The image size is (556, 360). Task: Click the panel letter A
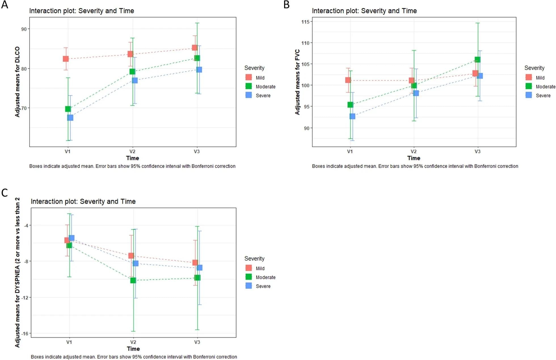point(5,5)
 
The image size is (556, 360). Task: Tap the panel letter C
point(5,193)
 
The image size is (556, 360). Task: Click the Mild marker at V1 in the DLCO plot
point(66,59)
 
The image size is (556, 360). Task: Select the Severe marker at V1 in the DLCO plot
point(70,118)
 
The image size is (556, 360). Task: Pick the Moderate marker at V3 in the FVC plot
point(477,60)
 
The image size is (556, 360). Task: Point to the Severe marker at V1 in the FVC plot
point(352,116)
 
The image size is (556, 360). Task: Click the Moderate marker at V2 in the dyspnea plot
point(133,281)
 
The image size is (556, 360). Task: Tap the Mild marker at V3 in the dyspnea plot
point(195,263)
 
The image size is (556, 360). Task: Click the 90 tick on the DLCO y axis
point(24,29)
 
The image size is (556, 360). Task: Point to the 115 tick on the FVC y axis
point(305,22)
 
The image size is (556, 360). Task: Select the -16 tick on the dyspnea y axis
point(25,334)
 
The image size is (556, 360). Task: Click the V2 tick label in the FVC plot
point(414,152)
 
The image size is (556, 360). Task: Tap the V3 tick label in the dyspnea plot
point(197,342)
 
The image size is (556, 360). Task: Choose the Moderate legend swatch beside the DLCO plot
point(249,86)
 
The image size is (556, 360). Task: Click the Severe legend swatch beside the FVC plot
point(529,95)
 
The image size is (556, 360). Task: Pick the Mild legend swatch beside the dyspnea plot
point(249,268)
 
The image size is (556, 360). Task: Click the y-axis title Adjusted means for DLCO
point(18,82)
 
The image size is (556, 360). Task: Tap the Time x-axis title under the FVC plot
point(414,158)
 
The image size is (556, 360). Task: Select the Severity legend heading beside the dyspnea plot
point(254,259)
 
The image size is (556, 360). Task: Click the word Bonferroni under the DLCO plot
point(203,166)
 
